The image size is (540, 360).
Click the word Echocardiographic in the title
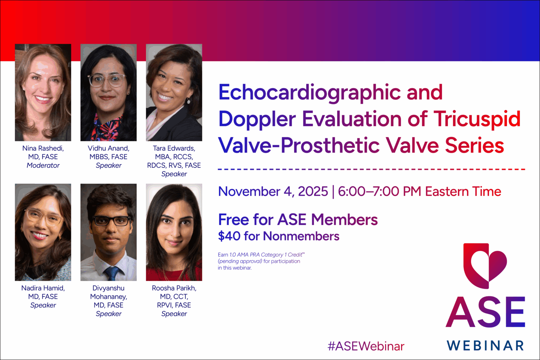click(309, 92)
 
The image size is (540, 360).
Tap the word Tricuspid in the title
click(477, 119)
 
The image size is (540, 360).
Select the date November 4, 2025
click(273, 192)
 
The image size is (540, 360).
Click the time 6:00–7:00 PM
click(379, 192)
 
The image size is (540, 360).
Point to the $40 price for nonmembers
click(229, 236)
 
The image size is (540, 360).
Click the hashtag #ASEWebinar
click(366, 346)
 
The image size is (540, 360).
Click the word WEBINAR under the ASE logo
click(485, 346)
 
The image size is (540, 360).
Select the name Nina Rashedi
click(43, 148)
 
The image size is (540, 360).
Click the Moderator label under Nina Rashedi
click(43, 165)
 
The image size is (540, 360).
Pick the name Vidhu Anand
click(108, 148)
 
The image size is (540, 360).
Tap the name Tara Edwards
click(174, 148)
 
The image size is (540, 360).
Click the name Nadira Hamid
click(43, 288)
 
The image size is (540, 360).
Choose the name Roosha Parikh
click(174, 288)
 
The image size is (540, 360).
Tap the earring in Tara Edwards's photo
click(188, 101)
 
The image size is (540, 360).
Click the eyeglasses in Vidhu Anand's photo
click(107, 80)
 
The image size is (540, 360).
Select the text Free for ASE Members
click(298, 220)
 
